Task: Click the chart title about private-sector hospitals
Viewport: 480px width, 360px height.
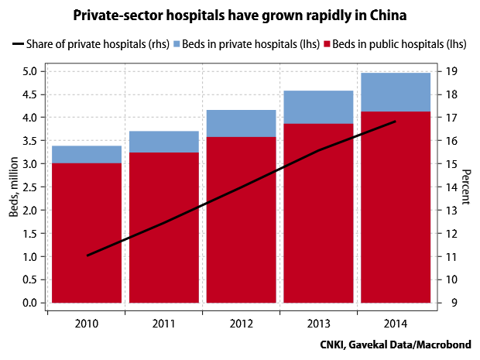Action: coord(239,15)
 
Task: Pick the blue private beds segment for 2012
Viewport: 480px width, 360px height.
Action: coord(241,123)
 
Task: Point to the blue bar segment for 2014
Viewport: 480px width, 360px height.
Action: coord(396,92)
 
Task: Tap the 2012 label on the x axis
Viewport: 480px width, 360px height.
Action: coord(241,323)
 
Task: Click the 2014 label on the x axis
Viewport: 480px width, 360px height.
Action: coord(396,323)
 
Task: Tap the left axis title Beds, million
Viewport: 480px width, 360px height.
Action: coord(13,187)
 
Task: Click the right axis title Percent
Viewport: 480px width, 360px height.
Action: coord(466,187)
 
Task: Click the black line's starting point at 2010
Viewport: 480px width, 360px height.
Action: coord(87,255)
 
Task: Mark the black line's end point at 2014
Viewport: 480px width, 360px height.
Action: coord(396,122)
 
